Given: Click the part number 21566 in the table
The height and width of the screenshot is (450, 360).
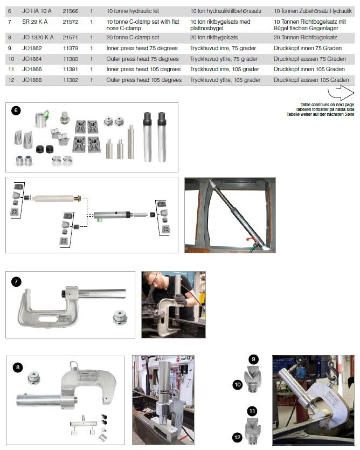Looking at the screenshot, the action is pyautogui.click(x=71, y=11).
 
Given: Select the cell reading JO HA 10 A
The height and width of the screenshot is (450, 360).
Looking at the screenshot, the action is pyautogui.click(x=37, y=11).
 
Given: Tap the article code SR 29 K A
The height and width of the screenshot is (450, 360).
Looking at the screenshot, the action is pyautogui.click(x=34, y=22).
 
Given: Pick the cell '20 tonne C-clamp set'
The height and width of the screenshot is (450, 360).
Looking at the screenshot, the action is pyautogui.click(x=133, y=38).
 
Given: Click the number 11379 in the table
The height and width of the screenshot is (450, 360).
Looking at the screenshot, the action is pyautogui.click(x=71, y=48).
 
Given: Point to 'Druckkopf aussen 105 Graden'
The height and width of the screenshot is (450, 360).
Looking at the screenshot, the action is pyautogui.click(x=311, y=80).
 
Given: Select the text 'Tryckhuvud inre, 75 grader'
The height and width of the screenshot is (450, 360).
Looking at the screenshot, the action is pyautogui.click(x=223, y=48).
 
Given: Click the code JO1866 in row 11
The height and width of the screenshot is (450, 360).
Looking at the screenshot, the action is pyautogui.click(x=32, y=70).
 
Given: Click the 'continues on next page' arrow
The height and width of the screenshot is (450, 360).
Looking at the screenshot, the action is pyautogui.click(x=341, y=92).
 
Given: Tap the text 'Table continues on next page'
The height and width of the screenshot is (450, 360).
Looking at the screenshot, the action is pyautogui.click(x=327, y=105).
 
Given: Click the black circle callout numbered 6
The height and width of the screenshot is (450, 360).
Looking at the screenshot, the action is pyautogui.click(x=16, y=110).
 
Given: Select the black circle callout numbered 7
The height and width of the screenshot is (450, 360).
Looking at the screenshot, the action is pyautogui.click(x=16, y=282).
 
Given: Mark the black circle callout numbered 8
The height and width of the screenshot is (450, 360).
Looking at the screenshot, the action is pyautogui.click(x=18, y=368).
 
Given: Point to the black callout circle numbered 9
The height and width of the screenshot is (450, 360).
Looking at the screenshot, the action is pyautogui.click(x=253, y=359).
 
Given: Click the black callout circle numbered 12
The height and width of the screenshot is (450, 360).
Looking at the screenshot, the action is pyautogui.click(x=237, y=438).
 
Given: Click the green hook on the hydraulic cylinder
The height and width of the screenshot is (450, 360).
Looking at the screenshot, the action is pyautogui.click(x=99, y=220).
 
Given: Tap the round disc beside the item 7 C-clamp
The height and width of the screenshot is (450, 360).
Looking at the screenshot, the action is pyautogui.click(x=120, y=317).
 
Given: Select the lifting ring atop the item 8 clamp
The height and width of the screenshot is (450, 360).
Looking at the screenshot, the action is pyautogui.click(x=74, y=365).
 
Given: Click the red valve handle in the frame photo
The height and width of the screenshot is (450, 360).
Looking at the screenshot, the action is pyautogui.click(x=250, y=239).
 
